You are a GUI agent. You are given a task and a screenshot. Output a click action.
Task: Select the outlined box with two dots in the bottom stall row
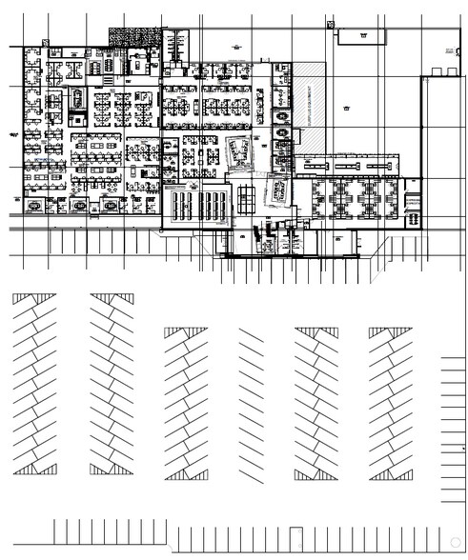pos(296,537)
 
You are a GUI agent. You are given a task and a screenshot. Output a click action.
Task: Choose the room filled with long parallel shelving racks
pos(197,204)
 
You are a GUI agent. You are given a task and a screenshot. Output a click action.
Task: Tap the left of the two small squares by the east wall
pos(436,72)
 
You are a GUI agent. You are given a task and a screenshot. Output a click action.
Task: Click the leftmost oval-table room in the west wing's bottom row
pos(36,205)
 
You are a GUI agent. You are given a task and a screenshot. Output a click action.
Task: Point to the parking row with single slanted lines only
pos(252,400)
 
